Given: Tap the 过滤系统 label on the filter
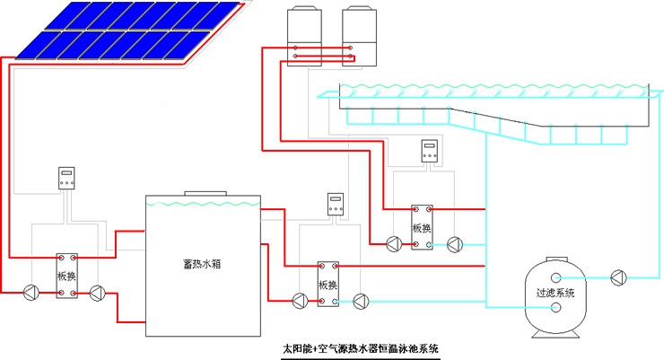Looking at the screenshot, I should pyautogui.click(x=555, y=293).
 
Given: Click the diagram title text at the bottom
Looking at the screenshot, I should pyautogui.click(x=361, y=347).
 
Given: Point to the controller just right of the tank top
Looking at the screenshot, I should pyautogui.click(x=336, y=204).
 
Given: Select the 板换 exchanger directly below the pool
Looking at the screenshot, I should pyautogui.click(x=423, y=227).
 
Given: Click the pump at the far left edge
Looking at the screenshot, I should pyautogui.click(x=31, y=292).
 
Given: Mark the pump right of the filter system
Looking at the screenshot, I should pyautogui.click(x=617, y=277).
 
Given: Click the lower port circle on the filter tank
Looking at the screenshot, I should pyautogui.click(x=556, y=308).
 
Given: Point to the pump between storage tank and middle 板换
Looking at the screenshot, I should pyautogui.click(x=297, y=301).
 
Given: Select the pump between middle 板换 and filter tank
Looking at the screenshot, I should pyautogui.click(x=360, y=301).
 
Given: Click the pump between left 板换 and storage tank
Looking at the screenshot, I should pyautogui.click(x=98, y=292).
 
